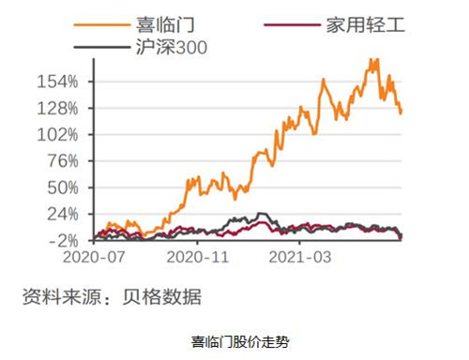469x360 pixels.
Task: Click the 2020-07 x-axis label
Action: click(95, 256)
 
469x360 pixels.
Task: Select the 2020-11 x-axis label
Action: click(198, 256)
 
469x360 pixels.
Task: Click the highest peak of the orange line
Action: click(375, 60)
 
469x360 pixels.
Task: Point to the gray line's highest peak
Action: click(262, 214)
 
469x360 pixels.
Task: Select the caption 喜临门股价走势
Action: click(234, 341)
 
